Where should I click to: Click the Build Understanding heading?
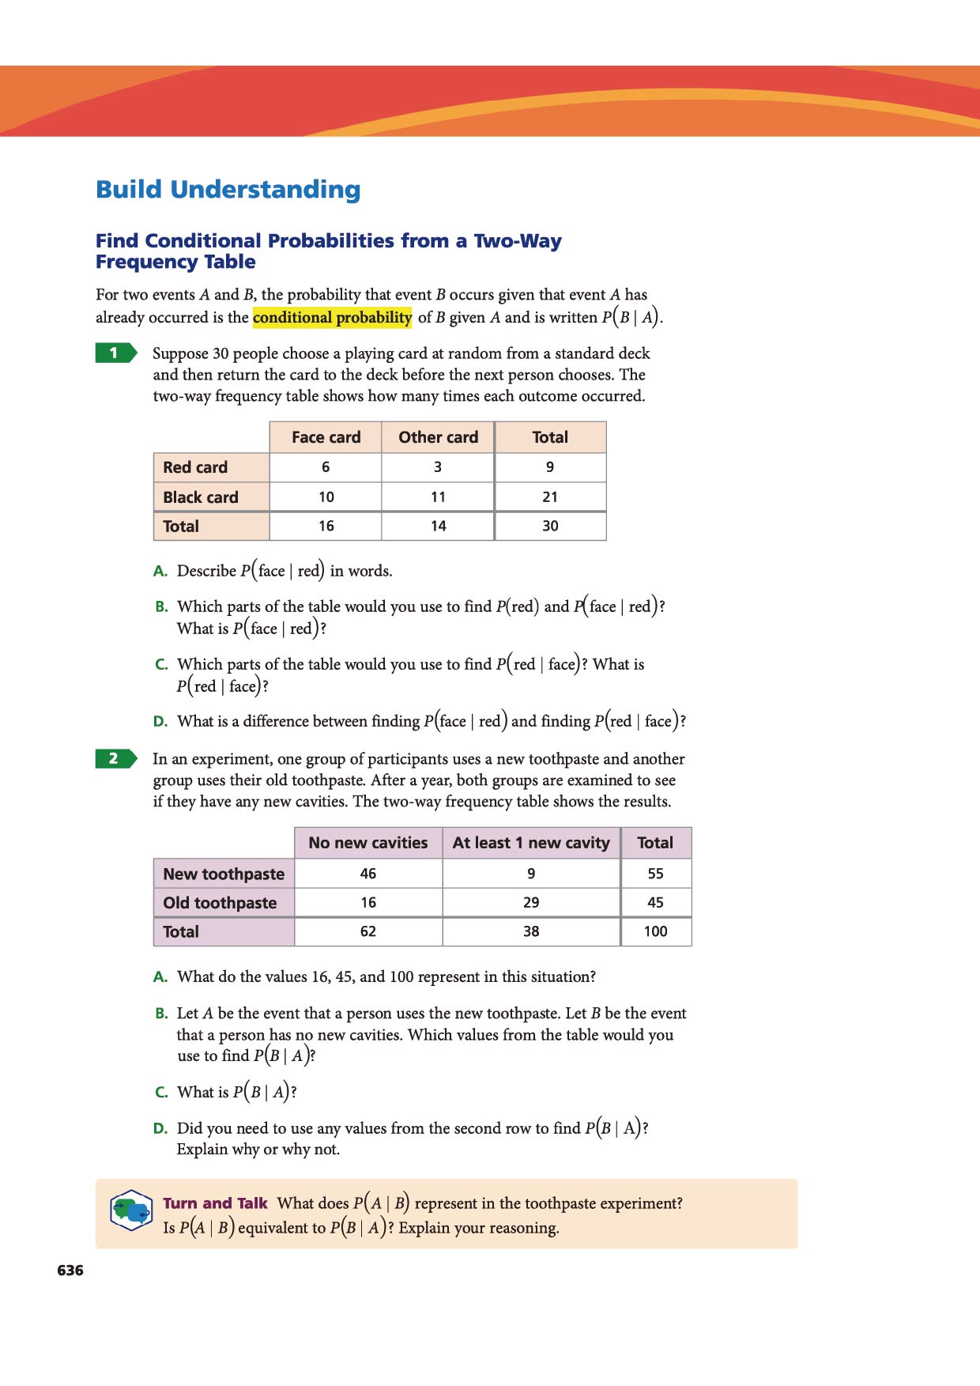pos(228,190)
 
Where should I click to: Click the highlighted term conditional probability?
pos(332,318)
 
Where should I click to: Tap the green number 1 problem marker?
pos(115,353)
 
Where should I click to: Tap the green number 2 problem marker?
pos(115,758)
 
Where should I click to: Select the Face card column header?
pos(326,437)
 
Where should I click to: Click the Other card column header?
pos(438,437)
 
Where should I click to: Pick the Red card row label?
pos(195,467)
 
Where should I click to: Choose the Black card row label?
pos(201,497)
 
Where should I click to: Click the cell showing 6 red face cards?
pos(326,467)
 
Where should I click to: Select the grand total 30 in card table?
pos(550,526)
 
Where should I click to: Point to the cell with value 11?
pos(438,497)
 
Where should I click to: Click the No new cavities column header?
pos(368,843)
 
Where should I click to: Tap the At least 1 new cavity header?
pos(531,843)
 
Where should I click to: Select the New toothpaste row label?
pos(224,874)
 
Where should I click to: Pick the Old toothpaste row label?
pos(220,903)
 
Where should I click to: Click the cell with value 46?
pos(368,874)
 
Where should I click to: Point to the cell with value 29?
pos(531,903)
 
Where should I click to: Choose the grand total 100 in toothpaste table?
pos(655,931)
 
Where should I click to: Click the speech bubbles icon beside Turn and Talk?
pos(131,1210)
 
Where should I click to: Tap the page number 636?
pos(70,1271)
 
